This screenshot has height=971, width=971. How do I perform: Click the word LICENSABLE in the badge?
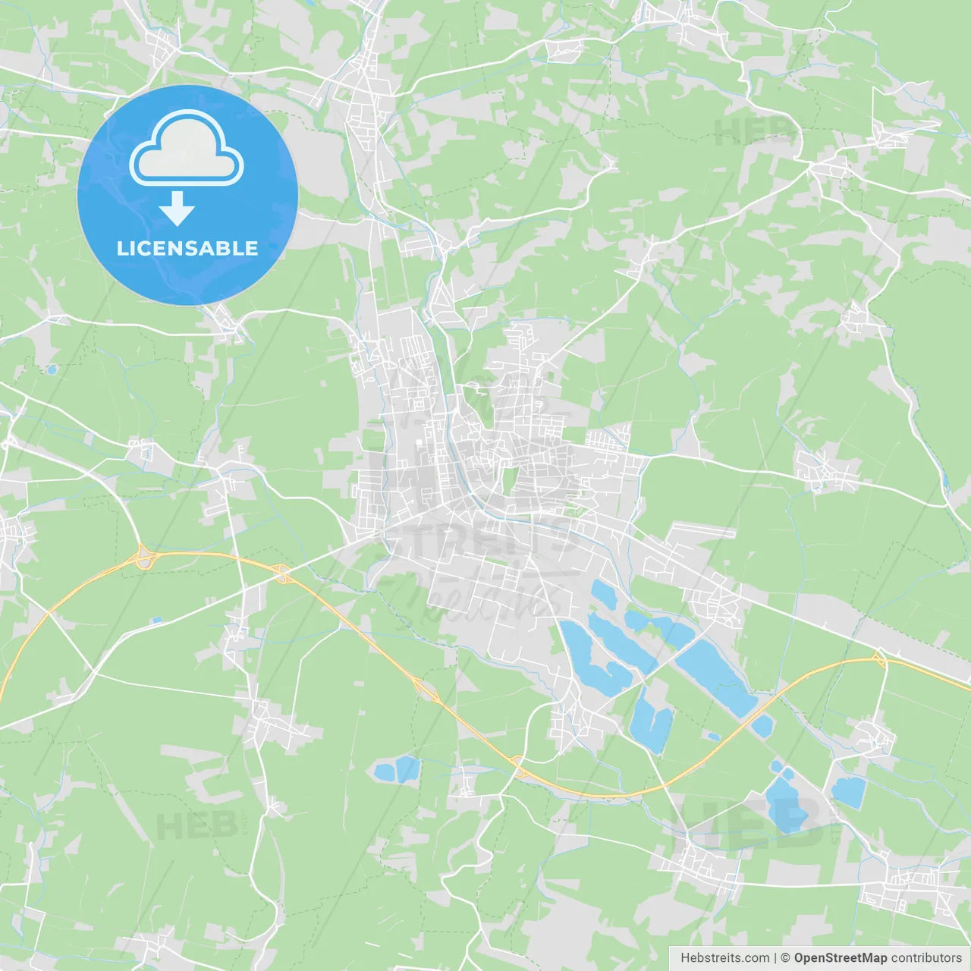point(187,248)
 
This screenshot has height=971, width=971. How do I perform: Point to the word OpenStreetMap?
point(840,958)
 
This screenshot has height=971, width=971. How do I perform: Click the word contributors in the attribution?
point(926,958)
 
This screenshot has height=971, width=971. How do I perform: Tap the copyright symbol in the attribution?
point(786,958)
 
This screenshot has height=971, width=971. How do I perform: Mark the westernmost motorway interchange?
point(143,559)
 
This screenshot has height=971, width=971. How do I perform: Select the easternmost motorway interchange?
point(881,660)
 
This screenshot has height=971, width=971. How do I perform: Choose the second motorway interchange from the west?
point(282,574)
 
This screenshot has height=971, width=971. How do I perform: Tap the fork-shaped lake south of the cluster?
point(649,721)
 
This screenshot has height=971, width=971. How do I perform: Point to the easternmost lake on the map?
point(848,791)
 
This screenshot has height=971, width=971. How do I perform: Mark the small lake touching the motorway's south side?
point(761,726)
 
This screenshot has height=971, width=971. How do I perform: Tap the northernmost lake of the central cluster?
point(604,594)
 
